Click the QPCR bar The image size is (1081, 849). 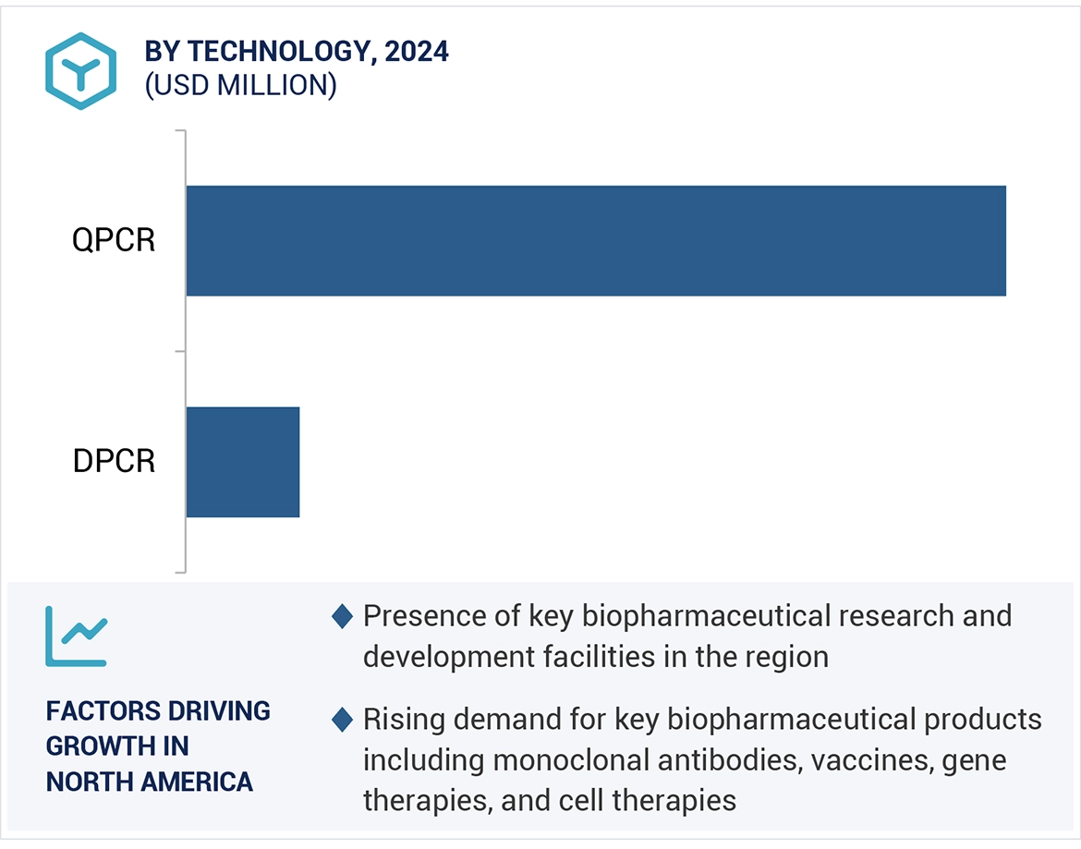tap(596, 241)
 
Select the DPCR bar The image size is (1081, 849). tap(243, 462)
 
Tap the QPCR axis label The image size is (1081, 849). tap(114, 241)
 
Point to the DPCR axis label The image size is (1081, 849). tap(114, 461)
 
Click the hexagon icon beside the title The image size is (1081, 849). tap(81, 71)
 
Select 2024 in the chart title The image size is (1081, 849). tap(417, 52)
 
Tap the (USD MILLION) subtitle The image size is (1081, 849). tap(240, 85)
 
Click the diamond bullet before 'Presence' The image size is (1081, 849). tap(342, 616)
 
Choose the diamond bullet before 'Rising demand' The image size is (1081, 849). tap(342, 719)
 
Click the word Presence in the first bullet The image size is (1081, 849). tap(422, 615)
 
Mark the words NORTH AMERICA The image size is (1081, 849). tap(149, 782)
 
